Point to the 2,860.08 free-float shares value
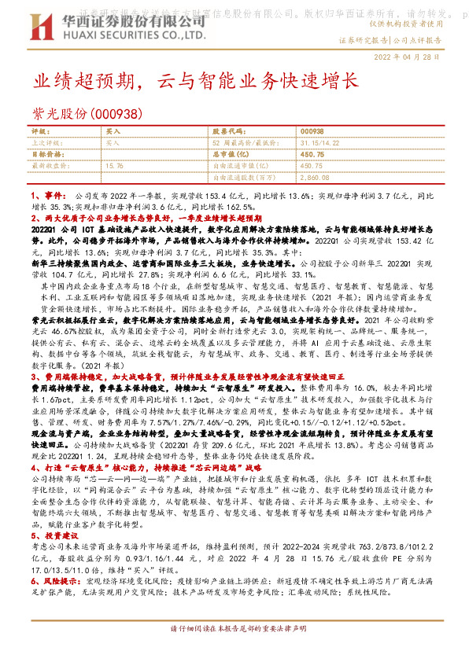(316, 178)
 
